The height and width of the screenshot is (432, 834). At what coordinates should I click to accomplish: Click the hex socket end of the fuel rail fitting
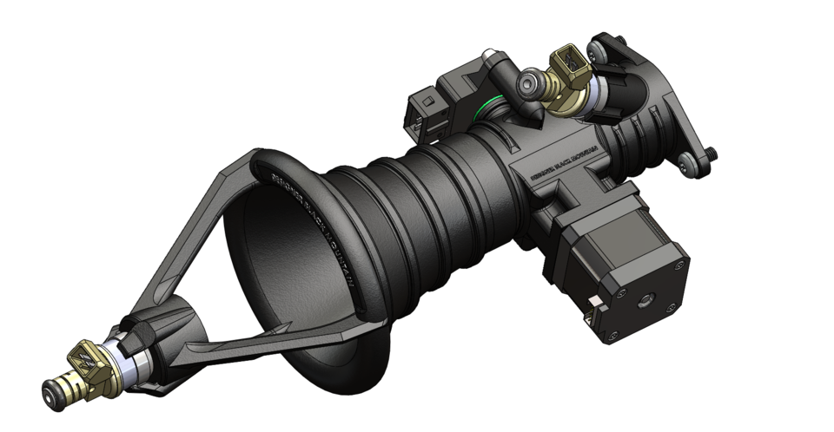click(526, 82)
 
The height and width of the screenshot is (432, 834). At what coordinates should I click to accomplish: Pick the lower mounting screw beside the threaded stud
click(688, 160)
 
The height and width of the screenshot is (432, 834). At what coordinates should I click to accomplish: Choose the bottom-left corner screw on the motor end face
click(618, 331)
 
